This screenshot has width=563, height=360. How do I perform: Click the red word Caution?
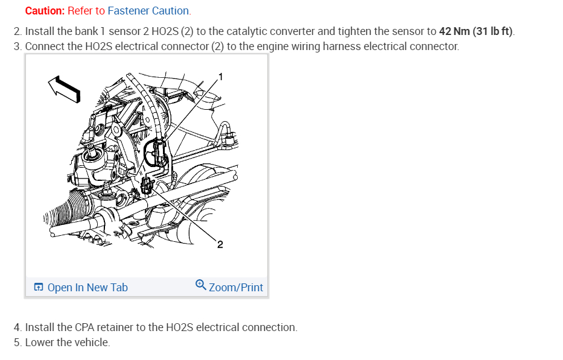pyautogui.click(x=45, y=11)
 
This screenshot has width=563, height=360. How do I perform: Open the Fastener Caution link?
pyautogui.click(x=148, y=11)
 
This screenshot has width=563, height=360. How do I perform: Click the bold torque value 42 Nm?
pyautogui.click(x=454, y=31)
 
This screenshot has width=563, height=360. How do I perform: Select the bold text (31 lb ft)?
pyautogui.click(x=493, y=31)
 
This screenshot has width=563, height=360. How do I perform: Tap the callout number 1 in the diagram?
pyautogui.click(x=220, y=76)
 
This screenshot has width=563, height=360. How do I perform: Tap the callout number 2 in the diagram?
pyautogui.click(x=220, y=244)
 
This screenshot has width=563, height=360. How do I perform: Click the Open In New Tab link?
pyautogui.click(x=87, y=288)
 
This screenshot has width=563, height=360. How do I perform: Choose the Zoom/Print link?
pyautogui.click(x=236, y=288)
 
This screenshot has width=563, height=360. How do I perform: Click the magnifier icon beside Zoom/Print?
pyautogui.click(x=201, y=286)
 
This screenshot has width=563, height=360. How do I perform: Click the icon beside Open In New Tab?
pyautogui.click(x=39, y=288)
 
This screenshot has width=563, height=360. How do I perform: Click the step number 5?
pyautogui.click(x=17, y=343)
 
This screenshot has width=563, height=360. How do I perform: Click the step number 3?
pyautogui.click(x=17, y=46)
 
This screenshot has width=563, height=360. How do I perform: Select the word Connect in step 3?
pyautogui.click(x=45, y=46)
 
